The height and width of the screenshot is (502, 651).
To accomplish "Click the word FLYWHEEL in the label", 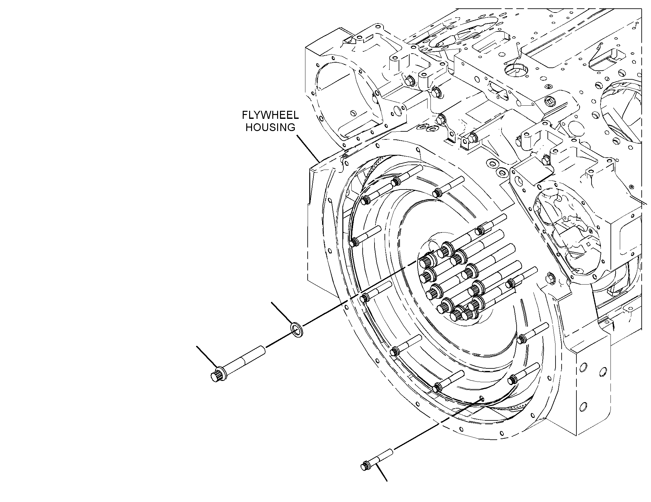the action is [270, 115].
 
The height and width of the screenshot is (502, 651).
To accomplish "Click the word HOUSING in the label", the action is [270, 128].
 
